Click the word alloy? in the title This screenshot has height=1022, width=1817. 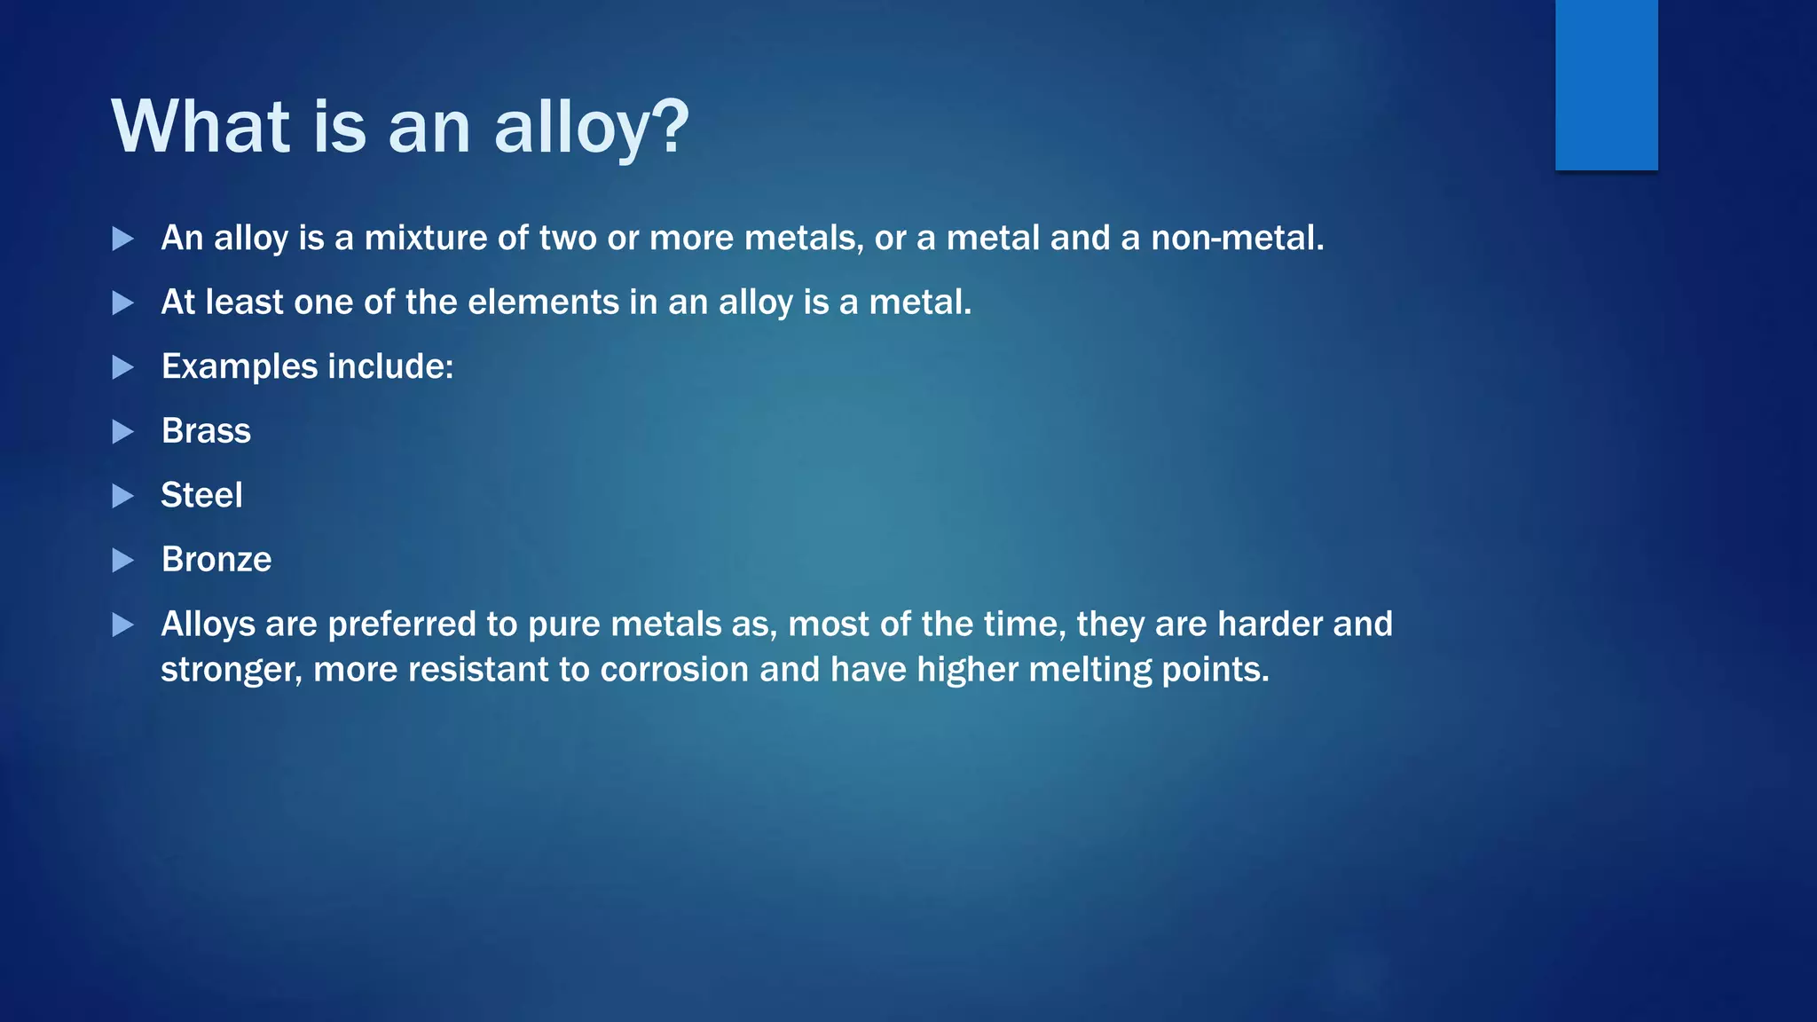coord(591,127)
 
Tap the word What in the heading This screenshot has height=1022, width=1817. coord(201,127)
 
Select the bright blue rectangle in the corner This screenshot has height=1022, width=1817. coord(1606,84)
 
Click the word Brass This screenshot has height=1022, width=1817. coord(206,431)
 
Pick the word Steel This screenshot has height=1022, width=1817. coord(201,495)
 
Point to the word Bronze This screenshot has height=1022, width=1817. coord(216,560)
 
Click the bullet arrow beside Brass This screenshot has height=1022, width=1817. coord(123,432)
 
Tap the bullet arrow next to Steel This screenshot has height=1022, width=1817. coord(123,496)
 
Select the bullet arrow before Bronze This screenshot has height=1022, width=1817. coord(123,561)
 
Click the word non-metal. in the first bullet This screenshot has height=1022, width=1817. coord(1237,238)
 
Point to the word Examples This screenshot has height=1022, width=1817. coord(239,367)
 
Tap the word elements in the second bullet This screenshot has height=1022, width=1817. coord(543,303)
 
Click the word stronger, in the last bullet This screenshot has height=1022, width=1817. coord(232,671)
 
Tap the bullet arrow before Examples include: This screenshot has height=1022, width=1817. coord(123,367)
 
